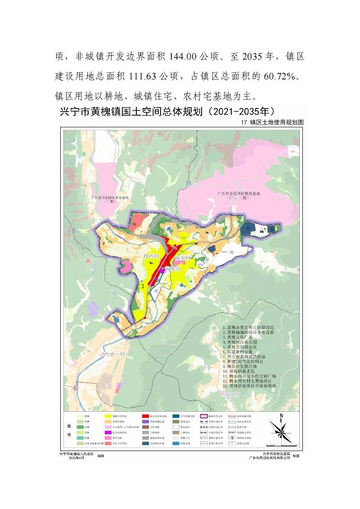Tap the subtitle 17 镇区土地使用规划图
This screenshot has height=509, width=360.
(273, 122)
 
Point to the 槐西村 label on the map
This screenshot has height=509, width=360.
(152, 256)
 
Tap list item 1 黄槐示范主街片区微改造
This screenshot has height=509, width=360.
(251, 327)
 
